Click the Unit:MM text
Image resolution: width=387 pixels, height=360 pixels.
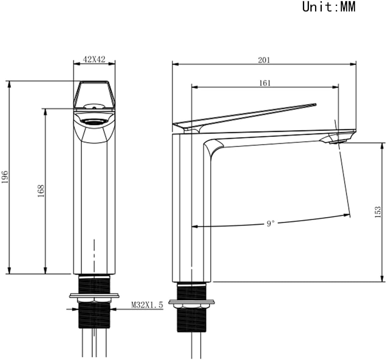coord(329,7)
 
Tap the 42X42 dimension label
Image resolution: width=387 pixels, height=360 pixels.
coord(94,59)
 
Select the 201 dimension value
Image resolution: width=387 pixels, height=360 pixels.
coord(264,60)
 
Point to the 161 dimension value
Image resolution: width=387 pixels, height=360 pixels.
coord(265,83)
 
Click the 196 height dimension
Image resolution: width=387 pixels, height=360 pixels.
coord(5,177)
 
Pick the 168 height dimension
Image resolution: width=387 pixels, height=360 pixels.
coord(41,191)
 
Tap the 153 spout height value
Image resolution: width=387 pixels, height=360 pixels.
coord(378,212)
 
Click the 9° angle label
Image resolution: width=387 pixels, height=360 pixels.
coord(270,224)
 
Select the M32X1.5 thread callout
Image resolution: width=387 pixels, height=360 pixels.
coord(147,305)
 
